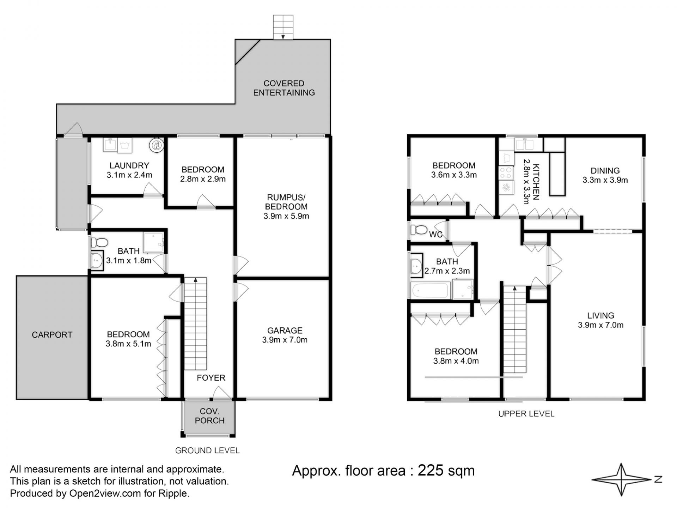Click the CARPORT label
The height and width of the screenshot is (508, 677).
52,335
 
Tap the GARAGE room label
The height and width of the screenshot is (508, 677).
285,331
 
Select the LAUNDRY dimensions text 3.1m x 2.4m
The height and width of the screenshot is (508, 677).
129,175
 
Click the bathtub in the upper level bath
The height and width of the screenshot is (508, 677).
431,290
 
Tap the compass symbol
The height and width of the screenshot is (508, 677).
621,479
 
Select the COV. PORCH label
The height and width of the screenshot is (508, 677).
209,416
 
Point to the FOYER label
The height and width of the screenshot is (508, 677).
211,378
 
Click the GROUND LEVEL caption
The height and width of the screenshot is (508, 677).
207,450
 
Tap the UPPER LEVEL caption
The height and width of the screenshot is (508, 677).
526,414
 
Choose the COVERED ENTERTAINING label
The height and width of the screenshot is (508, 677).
284,88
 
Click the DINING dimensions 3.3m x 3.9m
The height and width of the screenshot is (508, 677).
605,180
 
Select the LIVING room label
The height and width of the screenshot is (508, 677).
600,316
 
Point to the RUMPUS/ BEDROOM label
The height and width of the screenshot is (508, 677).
286,202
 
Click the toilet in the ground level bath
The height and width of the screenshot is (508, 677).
99,242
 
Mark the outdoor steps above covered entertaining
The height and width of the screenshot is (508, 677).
283,27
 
